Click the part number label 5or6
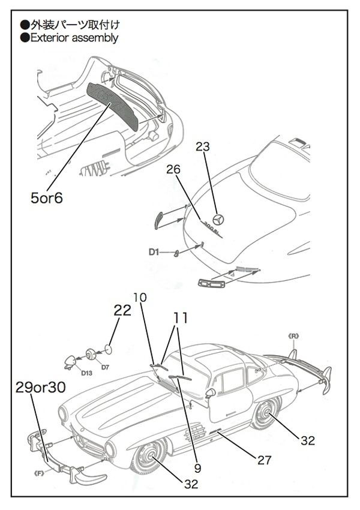pyautogui.click(x=46, y=197)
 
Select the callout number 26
pyautogui.click(x=173, y=170)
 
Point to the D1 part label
pyautogui.click(x=154, y=252)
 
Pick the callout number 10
pyautogui.click(x=139, y=297)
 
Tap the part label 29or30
pyautogui.click(x=41, y=388)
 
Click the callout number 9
pyautogui.click(x=197, y=466)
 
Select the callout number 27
pyautogui.click(x=263, y=460)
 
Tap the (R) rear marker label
pyautogui.click(x=293, y=336)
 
